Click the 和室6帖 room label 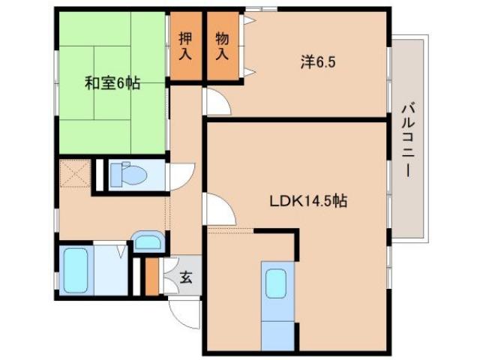coord(112,83)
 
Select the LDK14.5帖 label coord(308,201)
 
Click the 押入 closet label coord(184,46)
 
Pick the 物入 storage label coord(222,46)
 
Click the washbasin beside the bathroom coord(147,242)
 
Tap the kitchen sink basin coord(275,283)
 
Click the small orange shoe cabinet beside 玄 coord(153,277)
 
